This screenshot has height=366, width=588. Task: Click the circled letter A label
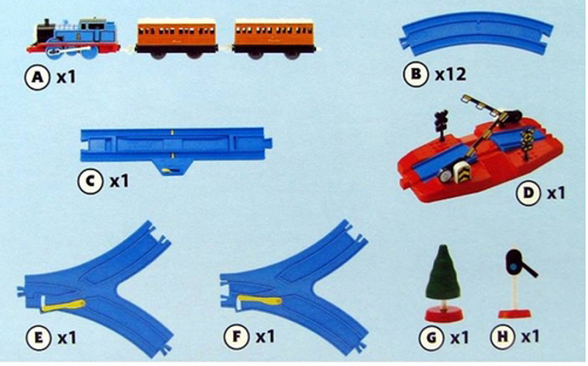tap(37, 78)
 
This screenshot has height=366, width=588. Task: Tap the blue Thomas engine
tap(74, 39)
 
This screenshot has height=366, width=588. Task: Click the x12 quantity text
tap(451, 74)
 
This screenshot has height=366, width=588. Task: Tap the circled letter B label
tap(415, 73)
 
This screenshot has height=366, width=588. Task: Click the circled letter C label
tap(90, 181)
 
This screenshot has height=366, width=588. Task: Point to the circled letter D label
tap(528, 193)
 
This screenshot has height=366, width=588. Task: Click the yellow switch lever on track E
tap(63, 304)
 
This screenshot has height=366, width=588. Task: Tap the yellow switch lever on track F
tap(259, 301)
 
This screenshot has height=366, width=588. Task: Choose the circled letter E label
tap(38, 337)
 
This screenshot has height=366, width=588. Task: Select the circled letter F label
tap(236, 336)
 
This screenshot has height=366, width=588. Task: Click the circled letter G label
tap(432, 337)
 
